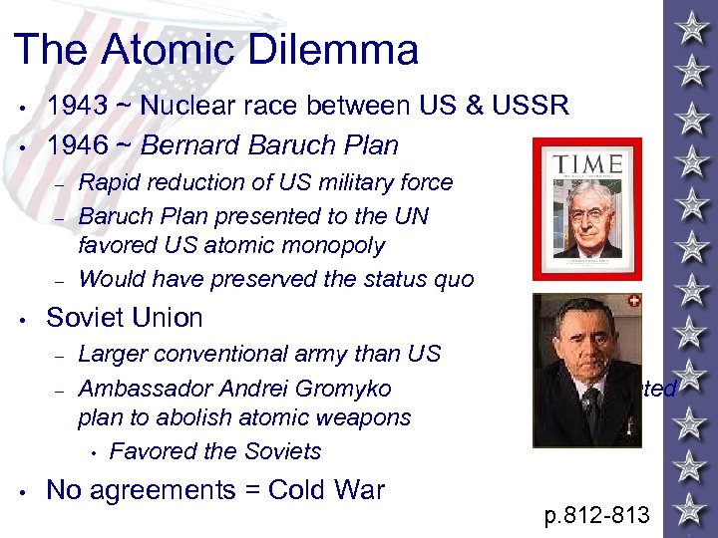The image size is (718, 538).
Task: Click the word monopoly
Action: (328, 245)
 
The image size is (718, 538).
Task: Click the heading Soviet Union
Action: (125, 318)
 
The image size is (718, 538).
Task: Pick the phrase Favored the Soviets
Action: (215, 451)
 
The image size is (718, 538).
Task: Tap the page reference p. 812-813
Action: (596, 515)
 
